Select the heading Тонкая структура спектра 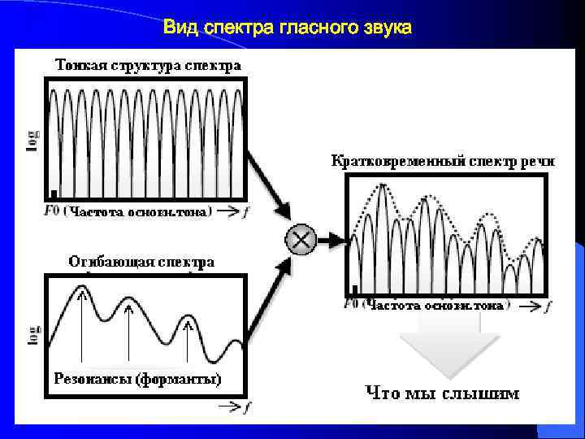[x=148, y=64]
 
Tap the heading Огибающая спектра [x=141, y=262]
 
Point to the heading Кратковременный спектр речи [x=443, y=161]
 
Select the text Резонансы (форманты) [x=136, y=379]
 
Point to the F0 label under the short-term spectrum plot [x=352, y=305]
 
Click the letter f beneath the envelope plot [x=249, y=406]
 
